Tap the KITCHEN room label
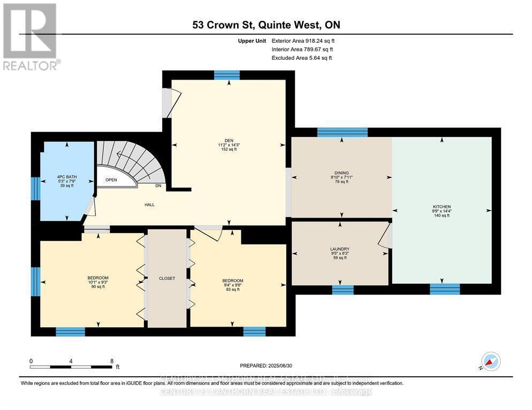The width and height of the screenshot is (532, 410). [x=442, y=206]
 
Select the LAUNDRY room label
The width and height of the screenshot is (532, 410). [x=340, y=249]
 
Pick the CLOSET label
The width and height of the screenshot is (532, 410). [x=167, y=279]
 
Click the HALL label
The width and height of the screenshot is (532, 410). [x=149, y=205]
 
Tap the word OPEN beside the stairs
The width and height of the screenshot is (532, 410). [x=111, y=180]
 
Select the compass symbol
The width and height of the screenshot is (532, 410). [x=491, y=362]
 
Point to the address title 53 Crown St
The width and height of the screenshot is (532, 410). [x=266, y=25]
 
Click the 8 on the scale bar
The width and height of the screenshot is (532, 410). [x=111, y=361]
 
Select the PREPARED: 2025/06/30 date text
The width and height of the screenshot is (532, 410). [x=266, y=366]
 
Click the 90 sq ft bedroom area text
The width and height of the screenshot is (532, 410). [x=97, y=287]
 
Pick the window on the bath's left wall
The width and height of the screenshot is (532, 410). [x=36, y=189]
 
